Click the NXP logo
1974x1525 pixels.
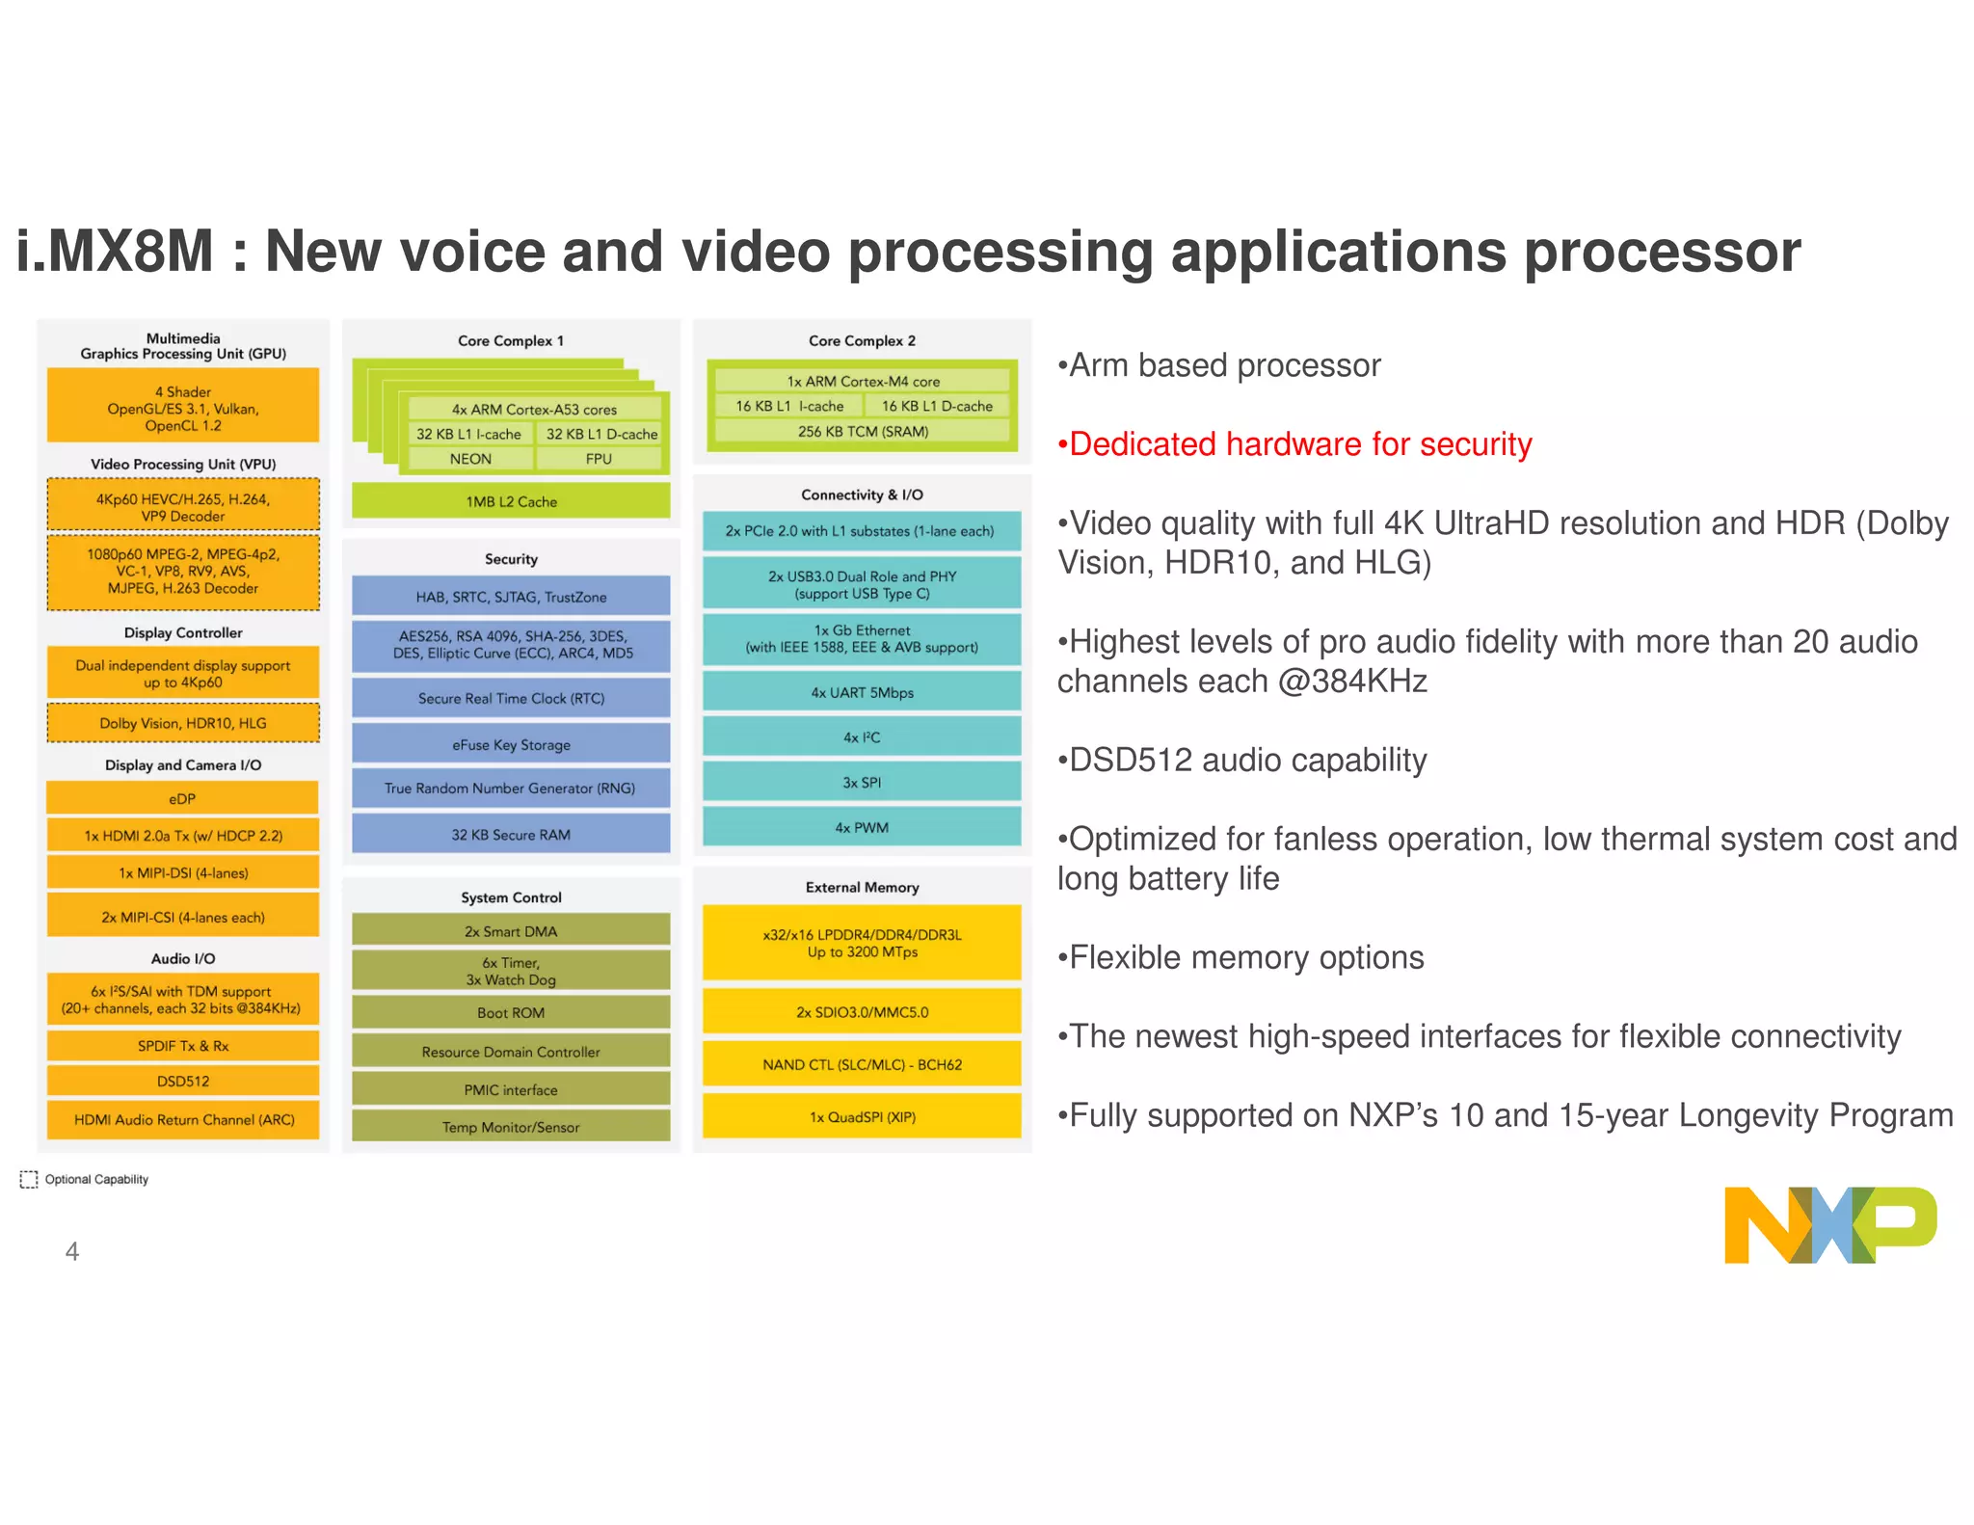1829,1225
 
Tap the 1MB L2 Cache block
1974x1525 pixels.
511,501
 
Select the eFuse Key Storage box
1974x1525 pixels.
511,744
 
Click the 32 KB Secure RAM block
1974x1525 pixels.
511,834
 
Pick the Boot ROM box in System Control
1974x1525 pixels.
511,1012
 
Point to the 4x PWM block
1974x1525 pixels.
862,827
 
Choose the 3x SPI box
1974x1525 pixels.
862,782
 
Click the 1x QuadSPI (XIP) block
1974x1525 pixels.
862,1116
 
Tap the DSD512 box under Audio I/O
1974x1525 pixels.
183,1081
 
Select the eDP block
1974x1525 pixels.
182,798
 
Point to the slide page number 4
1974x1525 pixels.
72,1251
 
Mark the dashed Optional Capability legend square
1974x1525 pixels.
29,1179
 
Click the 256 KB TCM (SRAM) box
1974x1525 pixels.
863,431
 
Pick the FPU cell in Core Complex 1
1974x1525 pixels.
599,459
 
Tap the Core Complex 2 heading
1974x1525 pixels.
862,340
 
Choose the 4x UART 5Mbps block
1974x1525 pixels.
862,692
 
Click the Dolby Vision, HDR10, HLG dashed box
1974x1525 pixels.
183,723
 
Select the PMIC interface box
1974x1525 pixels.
511,1089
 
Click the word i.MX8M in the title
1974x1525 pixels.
115,252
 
